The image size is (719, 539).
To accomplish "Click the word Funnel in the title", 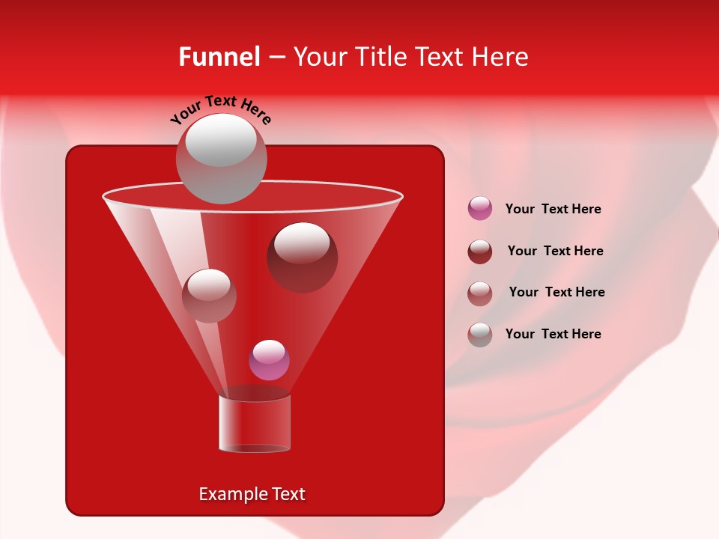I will click(x=219, y=57).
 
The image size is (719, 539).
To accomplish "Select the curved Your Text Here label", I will click(x=220, y=109).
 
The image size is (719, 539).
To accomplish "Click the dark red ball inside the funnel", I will click(x=303, y=258).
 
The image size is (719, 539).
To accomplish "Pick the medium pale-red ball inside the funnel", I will click(x=209, y=296).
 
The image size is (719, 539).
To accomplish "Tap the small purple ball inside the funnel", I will click(x=269, y=360).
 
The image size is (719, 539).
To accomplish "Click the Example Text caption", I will click(x=252, y=494).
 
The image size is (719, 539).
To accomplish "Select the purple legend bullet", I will click(x=480, y=209).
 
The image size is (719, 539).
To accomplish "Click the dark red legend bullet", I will click(x=480, y=252).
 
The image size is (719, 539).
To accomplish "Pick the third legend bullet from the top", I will click(x=480, y=293).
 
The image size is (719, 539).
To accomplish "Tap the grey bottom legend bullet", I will click(x=480, y=335).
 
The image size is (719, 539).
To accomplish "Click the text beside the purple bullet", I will click(x=553, y=209).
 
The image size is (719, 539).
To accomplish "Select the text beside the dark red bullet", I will click(x=555, y=251).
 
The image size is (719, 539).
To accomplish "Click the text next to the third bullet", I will click(x=556, y=292).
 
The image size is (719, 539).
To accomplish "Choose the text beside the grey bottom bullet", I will click(x=553, y=334).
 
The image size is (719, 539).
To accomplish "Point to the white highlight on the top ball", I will click(x=221, y=141).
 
